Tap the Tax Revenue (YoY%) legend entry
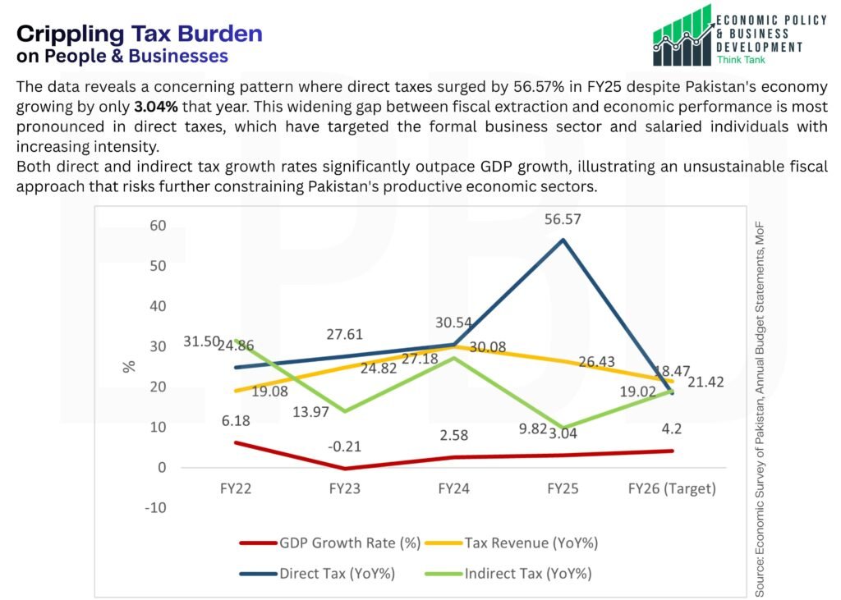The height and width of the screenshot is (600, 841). tap(531, 543)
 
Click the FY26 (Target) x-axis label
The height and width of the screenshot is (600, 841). tap(672, 488)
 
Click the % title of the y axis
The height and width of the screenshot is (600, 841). tap(129, 366)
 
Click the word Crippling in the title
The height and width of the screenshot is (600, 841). tap(71, 34)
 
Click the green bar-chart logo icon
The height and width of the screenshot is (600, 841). tap(682, 35)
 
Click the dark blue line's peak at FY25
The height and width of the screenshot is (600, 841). tap(563, 240)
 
